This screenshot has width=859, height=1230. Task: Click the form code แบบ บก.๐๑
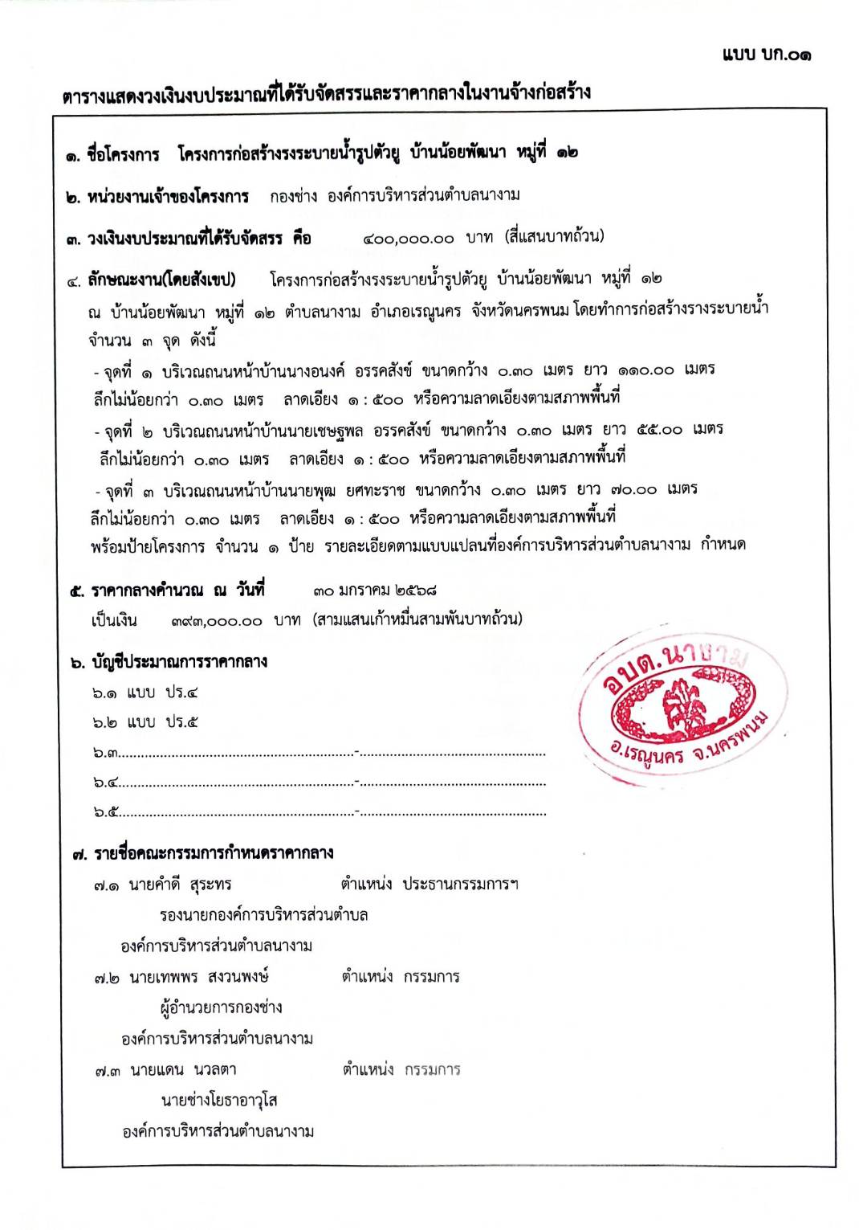[x=766, y=55]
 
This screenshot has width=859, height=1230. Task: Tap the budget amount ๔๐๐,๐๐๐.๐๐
[x=408, y=239]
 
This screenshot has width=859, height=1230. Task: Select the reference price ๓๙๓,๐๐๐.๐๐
[x=217, y=621]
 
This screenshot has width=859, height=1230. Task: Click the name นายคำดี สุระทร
[x=180, y=885]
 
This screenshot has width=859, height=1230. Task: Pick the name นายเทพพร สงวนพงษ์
[x=198, y=977]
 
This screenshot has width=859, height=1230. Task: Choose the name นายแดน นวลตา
[x=183, y=1070]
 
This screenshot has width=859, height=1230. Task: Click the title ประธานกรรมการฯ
[x=460, y=884]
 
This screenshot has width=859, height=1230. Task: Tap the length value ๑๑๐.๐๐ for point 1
[x=645, y=370]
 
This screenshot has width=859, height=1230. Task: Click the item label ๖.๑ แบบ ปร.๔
[x=145, y=693]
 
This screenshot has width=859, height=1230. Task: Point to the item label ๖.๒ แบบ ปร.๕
[x=145, y=722]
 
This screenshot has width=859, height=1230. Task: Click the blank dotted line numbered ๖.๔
[x=321, y=782]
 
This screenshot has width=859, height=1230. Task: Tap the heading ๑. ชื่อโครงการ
[x=113, y=154]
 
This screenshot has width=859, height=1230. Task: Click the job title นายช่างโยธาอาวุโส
[x=218, y=1100]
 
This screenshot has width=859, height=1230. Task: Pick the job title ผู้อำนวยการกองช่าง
[x=221, y=1007]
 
